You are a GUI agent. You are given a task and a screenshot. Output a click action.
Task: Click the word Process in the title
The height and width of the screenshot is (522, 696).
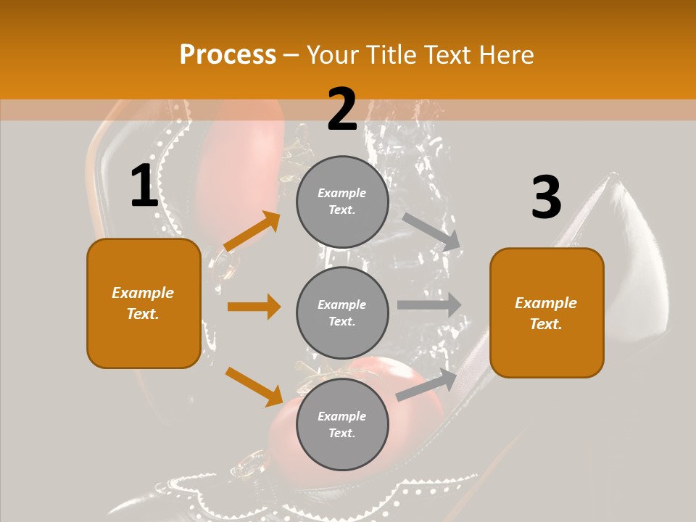click(x=228, y=55)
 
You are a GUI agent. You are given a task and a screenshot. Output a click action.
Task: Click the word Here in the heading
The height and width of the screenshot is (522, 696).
click(x=505, y=55)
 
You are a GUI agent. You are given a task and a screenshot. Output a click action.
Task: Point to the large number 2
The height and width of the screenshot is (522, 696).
click(x=341, y=109)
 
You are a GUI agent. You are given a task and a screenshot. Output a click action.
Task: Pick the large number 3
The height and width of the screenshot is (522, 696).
click(x=546, y=197)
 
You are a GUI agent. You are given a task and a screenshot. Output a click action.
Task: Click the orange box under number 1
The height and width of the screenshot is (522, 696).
click(x=144, y=303)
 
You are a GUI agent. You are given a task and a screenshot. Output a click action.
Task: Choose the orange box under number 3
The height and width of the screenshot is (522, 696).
click(x=547, y=312)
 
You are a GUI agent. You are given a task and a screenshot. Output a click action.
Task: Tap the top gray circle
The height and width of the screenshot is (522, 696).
click(x=342, y=202)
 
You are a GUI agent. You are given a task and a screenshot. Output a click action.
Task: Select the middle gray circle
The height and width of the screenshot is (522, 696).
click(x=342, y=312)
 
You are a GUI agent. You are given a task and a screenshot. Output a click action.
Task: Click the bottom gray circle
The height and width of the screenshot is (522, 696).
click(x=342, y=424)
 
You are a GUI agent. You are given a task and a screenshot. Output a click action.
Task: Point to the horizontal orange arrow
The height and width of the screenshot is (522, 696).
click(x=254, y=307)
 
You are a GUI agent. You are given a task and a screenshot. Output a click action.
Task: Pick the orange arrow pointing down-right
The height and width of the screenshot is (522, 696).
click(x=254, y=386)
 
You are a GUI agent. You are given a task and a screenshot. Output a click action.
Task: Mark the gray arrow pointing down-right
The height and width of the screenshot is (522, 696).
click(x=431, y=232)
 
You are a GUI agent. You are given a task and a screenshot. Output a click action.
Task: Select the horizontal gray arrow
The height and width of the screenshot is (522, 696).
click(x=429, y=305)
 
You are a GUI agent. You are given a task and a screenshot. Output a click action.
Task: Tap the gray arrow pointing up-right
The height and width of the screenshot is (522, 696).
click(x=427, y=385)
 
